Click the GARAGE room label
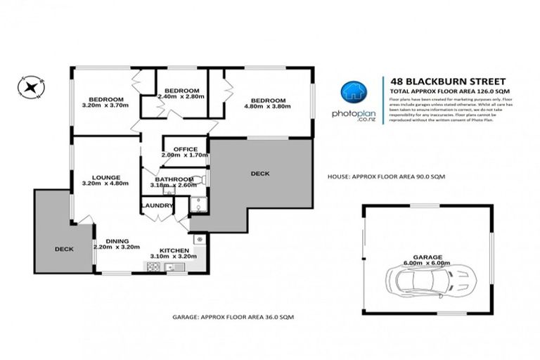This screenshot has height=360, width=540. tap(428, 257)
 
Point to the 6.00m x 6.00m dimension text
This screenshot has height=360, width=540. tap(428, 264)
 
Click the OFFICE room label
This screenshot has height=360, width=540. tap(184, 149)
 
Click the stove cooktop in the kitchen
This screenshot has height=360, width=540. tap(153, 266)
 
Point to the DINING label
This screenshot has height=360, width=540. tap(117, 240)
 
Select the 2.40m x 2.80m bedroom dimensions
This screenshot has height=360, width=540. tap(181, 97)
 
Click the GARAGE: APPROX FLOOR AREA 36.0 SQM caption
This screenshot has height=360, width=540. tap(233, 317)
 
